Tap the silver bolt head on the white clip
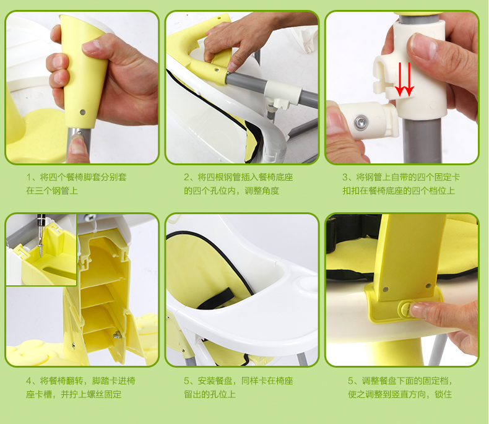tap(361, 122)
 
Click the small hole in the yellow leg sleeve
tap(83, 111)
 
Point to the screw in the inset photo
tap(40, 244)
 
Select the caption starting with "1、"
tap(76, 184)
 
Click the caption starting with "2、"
tap(238, 184)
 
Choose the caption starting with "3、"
tap(401, 184)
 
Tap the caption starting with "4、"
tap(80, 387)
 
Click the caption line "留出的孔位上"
tap(210, 394)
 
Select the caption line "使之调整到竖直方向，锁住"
tap(400, 394)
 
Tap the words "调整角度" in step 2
tap(262, 191)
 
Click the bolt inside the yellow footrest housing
tap(117, 335)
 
